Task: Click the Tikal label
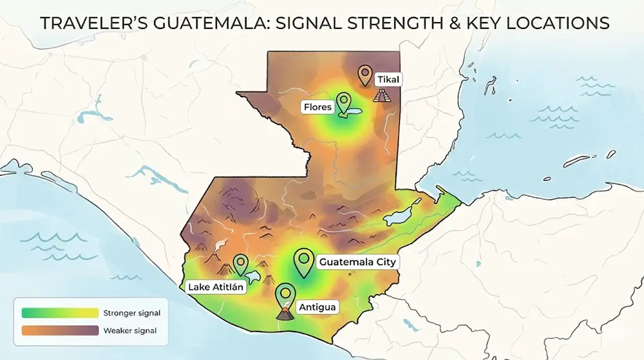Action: tap(389, 79)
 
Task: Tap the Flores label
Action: tap(317, 108)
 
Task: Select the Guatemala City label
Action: tap(357, 262)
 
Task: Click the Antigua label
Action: tap(317, 307)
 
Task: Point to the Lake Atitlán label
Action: tap(216, 287)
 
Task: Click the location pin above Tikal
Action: tap(366, 74)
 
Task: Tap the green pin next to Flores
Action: tap(344, 102)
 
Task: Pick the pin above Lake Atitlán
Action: tap(241, 263)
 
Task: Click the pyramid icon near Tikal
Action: tap(382, 96)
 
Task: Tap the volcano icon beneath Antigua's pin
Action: tap(283, 314)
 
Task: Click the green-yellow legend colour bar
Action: tap(59, 313)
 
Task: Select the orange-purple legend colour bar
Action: tap(59, 331)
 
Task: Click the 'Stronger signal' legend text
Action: tap(131, 313)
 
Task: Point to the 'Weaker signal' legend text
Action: tap(129, 331)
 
